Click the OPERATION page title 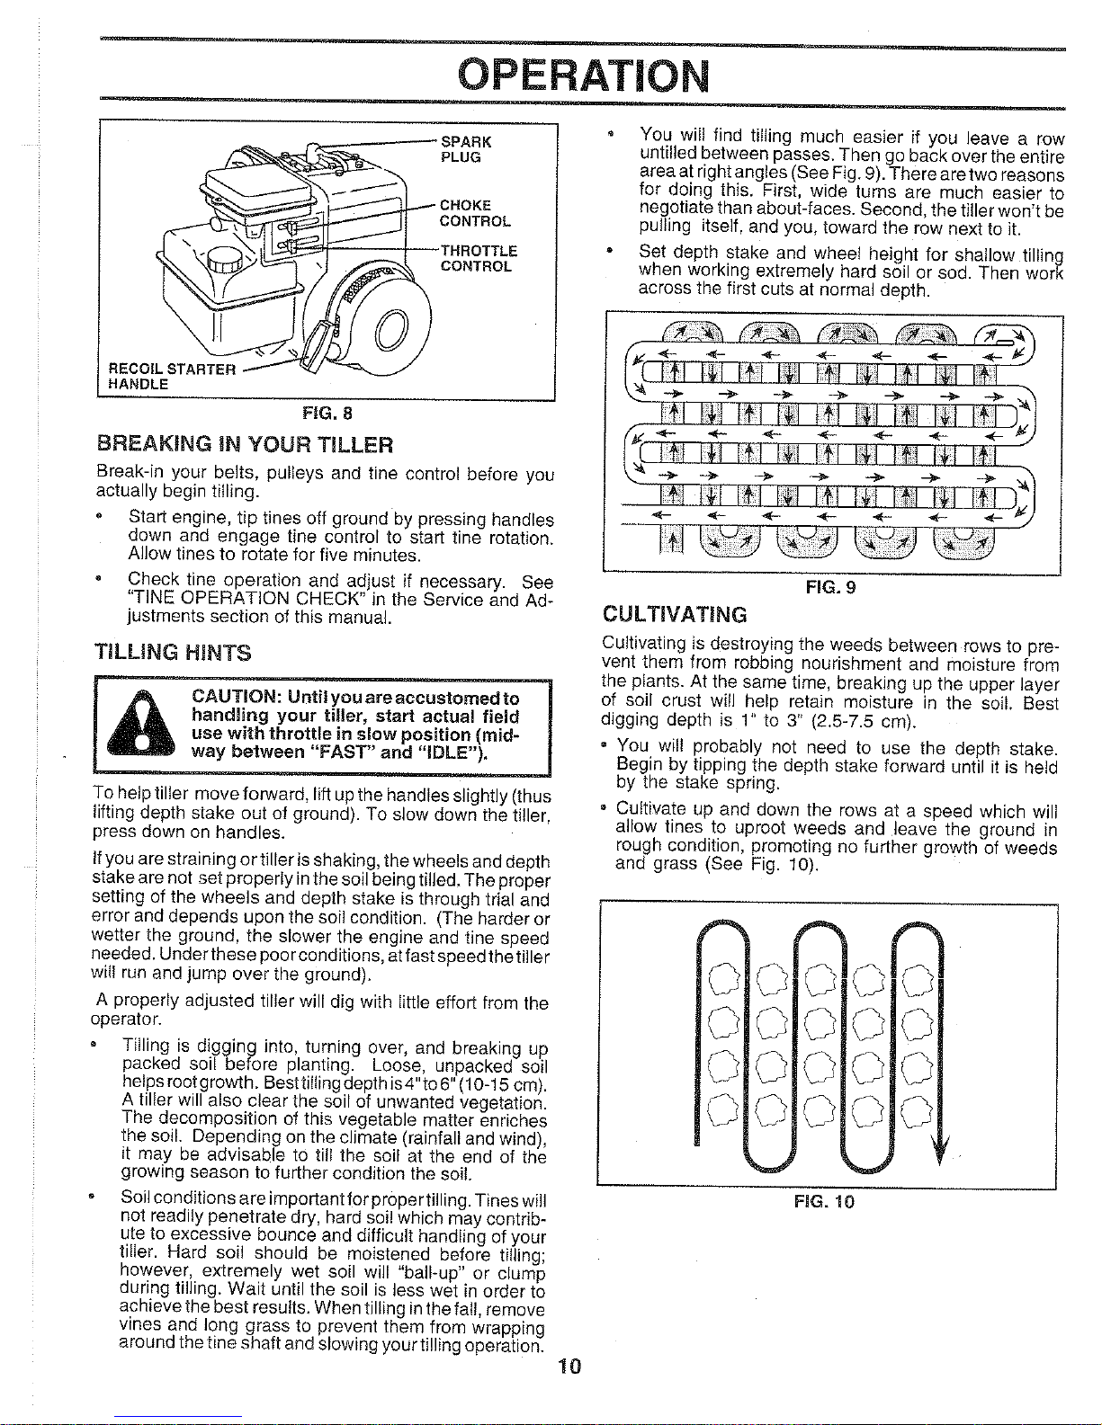583,76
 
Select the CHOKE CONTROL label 474,213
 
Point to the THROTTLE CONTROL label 477,258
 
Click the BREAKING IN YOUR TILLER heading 245,445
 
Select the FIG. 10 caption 824,1202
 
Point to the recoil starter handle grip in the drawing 318,341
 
